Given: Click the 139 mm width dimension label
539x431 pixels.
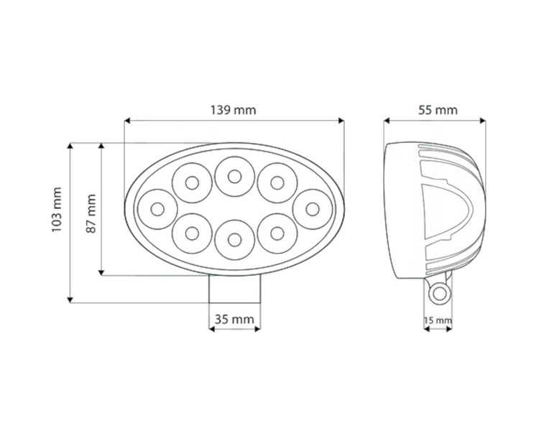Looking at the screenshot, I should [x=234, y=110].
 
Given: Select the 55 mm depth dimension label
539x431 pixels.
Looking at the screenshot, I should [x=437, y=110].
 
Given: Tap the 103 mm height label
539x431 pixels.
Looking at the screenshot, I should [x=57, y=209].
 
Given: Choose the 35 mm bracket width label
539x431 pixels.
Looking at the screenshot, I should [x=235, y=318].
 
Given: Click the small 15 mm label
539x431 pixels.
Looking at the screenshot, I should [x=438, y=320].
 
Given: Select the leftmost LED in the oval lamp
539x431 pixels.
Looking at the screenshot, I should [x=158, y=209].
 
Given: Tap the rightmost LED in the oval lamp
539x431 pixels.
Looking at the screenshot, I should [x=311, y=208].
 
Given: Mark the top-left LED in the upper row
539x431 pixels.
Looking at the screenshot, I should [x=192, y=182].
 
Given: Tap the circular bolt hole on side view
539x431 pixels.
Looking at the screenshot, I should [x=438, y=292].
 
